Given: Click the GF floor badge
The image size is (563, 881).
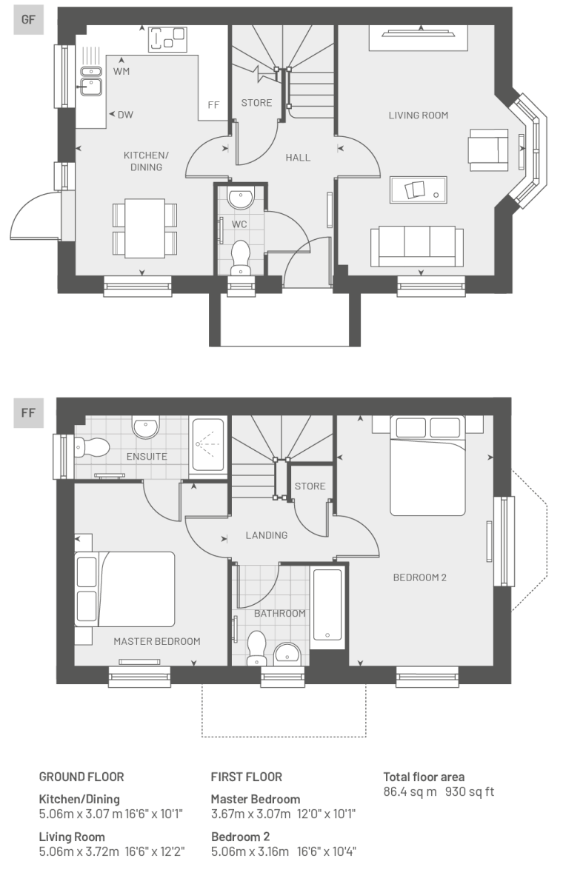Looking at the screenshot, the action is click(x=28, y=20).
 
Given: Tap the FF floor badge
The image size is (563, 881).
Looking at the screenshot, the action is click(x=28, y=413).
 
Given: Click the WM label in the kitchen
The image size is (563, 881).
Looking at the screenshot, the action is click(x=121, y=71).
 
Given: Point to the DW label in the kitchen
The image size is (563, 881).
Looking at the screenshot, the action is click(x=125, y=115).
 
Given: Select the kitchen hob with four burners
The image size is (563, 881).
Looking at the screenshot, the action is click(x=167, y=38).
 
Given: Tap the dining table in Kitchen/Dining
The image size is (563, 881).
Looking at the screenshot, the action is click(x=144, y=228).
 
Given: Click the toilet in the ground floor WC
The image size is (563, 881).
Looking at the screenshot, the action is click(x=241, y=258).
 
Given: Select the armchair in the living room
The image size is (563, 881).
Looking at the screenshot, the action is click(x=488, y=150).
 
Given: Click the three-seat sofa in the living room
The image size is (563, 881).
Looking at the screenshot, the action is click(x=417, y=246).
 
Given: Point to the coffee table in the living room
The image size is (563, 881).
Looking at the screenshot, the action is click(x=418, y=190).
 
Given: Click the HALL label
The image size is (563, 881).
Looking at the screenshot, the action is click(x=298, y=158).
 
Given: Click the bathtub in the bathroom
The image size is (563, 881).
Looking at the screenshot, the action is click(x=327, y=605).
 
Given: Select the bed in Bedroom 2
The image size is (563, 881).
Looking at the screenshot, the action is click(x=428, y=465).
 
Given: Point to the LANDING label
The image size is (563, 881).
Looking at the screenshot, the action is click(x=267, y=535).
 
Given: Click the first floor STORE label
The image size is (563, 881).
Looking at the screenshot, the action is click(x=310, y=486).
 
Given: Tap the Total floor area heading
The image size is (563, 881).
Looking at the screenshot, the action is click(x=424, y=777).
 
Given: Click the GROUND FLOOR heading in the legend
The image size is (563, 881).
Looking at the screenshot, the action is click(x=81, y=777).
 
